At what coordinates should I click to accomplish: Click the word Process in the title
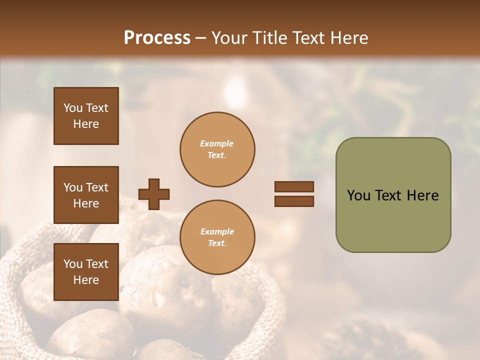point(157,38)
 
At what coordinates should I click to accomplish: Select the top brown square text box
point(86,116)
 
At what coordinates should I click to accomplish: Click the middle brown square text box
point(86,195)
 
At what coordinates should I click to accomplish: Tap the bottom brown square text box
point(86,272)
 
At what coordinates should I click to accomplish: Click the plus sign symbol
point(154,194)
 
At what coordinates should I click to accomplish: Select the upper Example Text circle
point(217,149)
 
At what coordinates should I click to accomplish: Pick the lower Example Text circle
point(217,237)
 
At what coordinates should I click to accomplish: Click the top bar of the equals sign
point(294,187)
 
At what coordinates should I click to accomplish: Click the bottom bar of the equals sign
point(294,201)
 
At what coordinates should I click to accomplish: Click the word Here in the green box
point(422,195)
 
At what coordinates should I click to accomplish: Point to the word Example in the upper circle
point(217,143)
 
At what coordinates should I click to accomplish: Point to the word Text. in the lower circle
point(217,243)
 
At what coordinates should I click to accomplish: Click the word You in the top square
point(72,108)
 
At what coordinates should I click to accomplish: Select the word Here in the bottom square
point(86,280)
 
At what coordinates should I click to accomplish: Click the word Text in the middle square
point(96,187)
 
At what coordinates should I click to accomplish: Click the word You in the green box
point(358,195)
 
